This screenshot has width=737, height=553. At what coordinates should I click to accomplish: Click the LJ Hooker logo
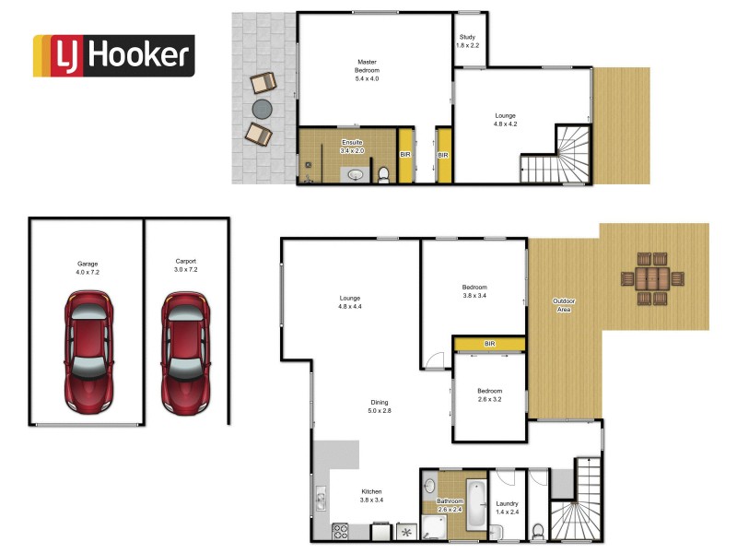click(113, 55)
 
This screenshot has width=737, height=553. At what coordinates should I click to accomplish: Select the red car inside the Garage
click(88, 351)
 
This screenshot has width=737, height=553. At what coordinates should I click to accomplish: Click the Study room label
click(468, 41)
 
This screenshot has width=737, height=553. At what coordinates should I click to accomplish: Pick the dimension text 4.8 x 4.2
click(506, 124)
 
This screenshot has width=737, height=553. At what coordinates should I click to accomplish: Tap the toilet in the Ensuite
click(382, 173)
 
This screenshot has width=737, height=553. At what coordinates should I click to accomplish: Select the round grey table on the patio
click(263, 109)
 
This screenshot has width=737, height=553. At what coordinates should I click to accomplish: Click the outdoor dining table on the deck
click(652, 278)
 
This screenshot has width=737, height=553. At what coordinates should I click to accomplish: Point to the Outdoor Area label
click(564, 306)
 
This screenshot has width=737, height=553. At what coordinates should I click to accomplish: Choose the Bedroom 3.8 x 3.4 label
click(474, 291)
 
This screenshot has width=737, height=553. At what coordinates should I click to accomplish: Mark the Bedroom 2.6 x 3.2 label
click(489, 396)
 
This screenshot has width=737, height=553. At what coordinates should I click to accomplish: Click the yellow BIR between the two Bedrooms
click(489, 344)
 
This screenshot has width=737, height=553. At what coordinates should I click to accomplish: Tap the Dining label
click(380, 407)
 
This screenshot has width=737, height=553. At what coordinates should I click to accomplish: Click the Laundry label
click(508, 508)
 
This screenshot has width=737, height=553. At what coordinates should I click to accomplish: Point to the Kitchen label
click(371, 496)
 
